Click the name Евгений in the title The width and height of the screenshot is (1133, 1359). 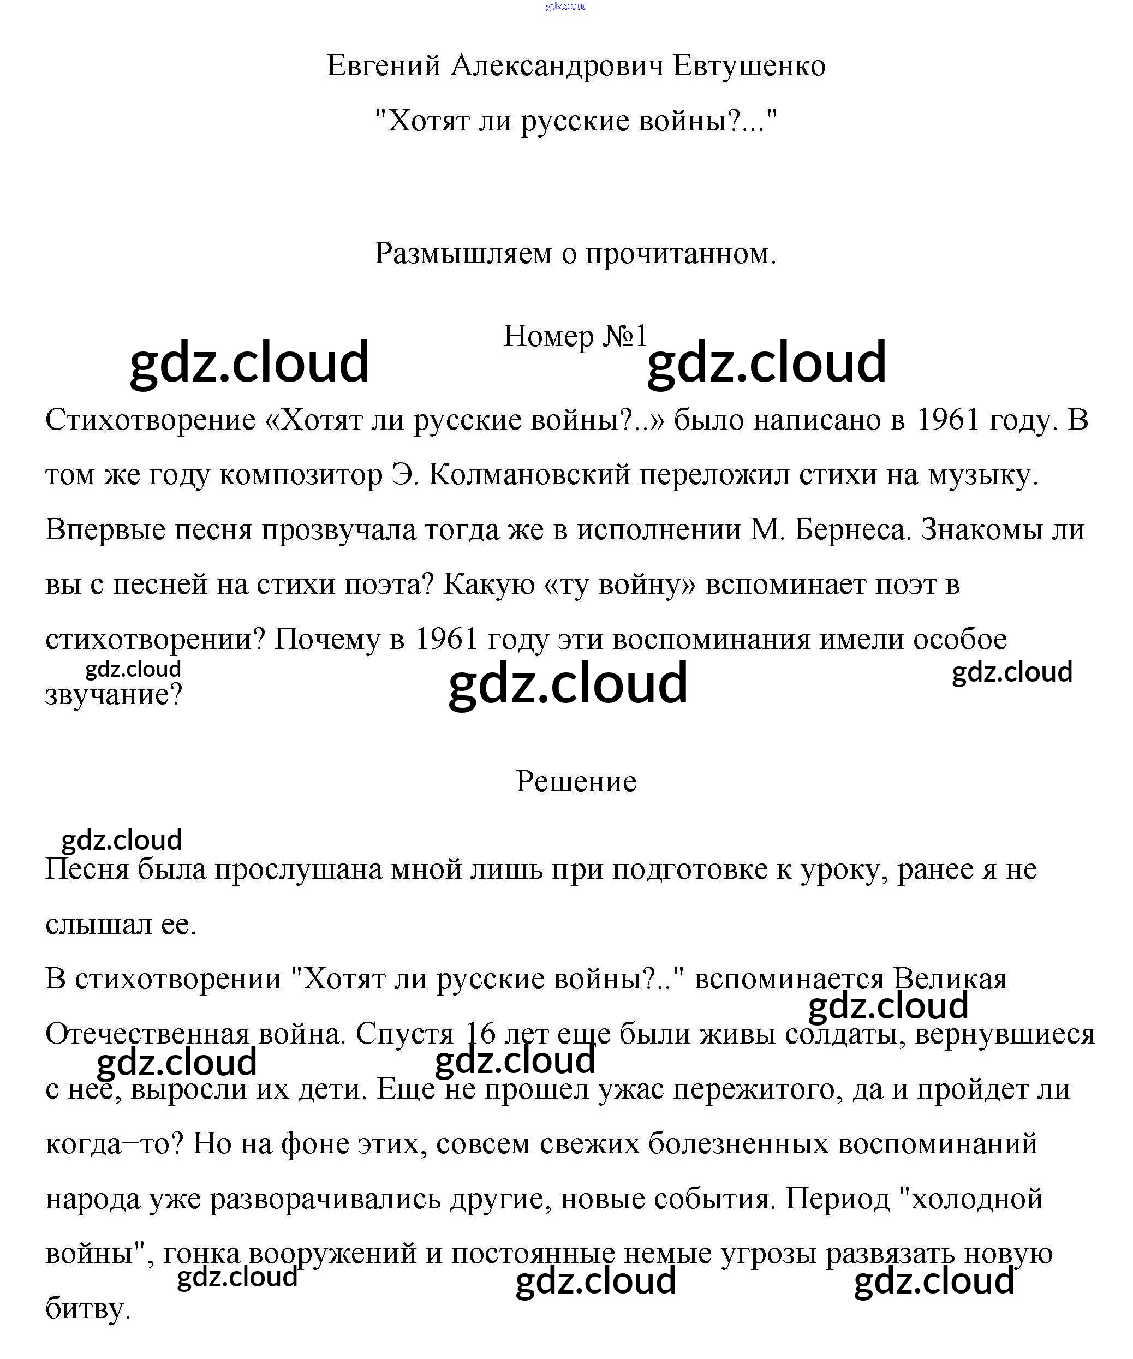pos(383,66)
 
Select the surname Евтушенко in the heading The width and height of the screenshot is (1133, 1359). pos(749,66)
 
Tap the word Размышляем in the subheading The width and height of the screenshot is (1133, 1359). pos(463,254)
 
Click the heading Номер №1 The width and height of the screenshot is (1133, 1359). pos(575,336)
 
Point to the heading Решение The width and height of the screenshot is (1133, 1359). pos(576,782)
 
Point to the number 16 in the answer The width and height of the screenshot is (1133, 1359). pos(480,1034)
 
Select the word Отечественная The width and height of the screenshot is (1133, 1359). pos(147,1034)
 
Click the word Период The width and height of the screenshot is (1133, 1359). pos(838,1199)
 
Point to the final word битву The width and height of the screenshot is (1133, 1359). pos(88,1309)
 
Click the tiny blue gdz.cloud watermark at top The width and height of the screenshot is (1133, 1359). pos(566,7)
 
